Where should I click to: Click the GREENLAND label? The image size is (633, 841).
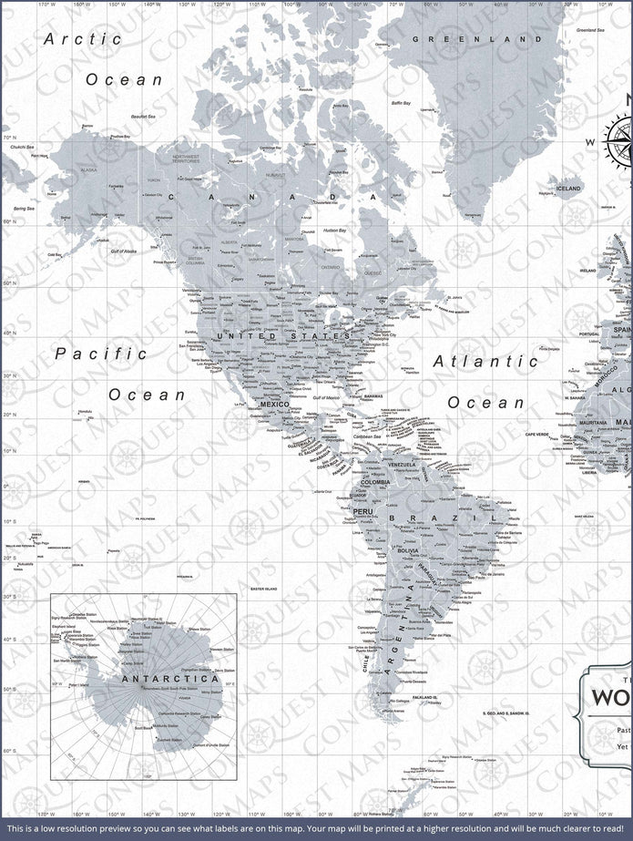pyautogui.click(x=470, y=39)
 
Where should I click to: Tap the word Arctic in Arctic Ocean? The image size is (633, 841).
pyautogui.click(x=83, y=39)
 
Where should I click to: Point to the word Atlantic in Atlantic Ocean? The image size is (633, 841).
pyautogui.click(x=485, y=361)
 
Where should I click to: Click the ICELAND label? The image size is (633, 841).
pyautogui.click(x=568, y=189)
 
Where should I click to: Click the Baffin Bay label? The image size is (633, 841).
pyautogui.click(x=402, y=103)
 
